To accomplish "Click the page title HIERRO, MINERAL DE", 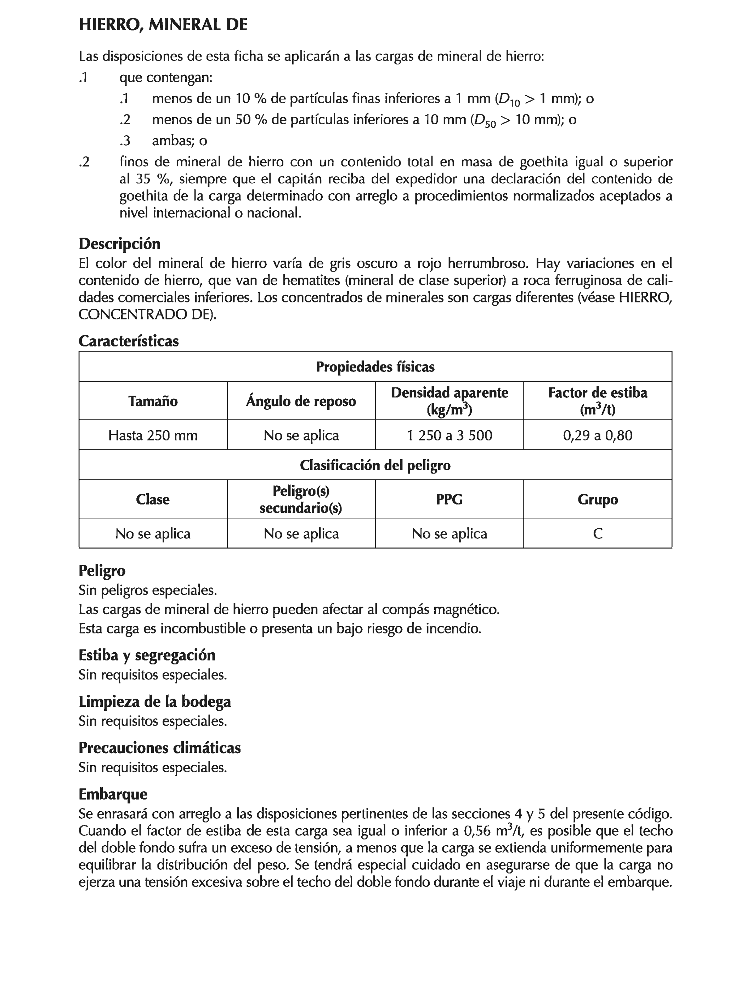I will pos(163,25).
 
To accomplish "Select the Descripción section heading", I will pos(119,244).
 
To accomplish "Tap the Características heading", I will pos(129,341).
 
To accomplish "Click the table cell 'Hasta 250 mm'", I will pos(153,435).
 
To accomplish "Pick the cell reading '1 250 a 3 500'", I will pos(449,435).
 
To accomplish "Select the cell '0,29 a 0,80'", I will pos(597,435).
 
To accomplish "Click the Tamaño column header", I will pos(153,401).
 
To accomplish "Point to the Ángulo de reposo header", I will pos(301,401).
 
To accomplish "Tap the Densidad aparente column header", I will pos(449,400).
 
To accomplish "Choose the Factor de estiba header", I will pos(597,400).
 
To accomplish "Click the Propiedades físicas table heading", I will pos(375,367).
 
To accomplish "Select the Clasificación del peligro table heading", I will pos(375,465).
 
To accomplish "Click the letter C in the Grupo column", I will pos(598,533).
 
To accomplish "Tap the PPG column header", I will pos(449,499).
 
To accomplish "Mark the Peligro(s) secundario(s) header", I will pos(301,499).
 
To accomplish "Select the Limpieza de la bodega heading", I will pos(155,701).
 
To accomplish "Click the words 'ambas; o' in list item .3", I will pos(179,141).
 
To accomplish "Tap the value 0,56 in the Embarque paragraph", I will pos(477,831).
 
